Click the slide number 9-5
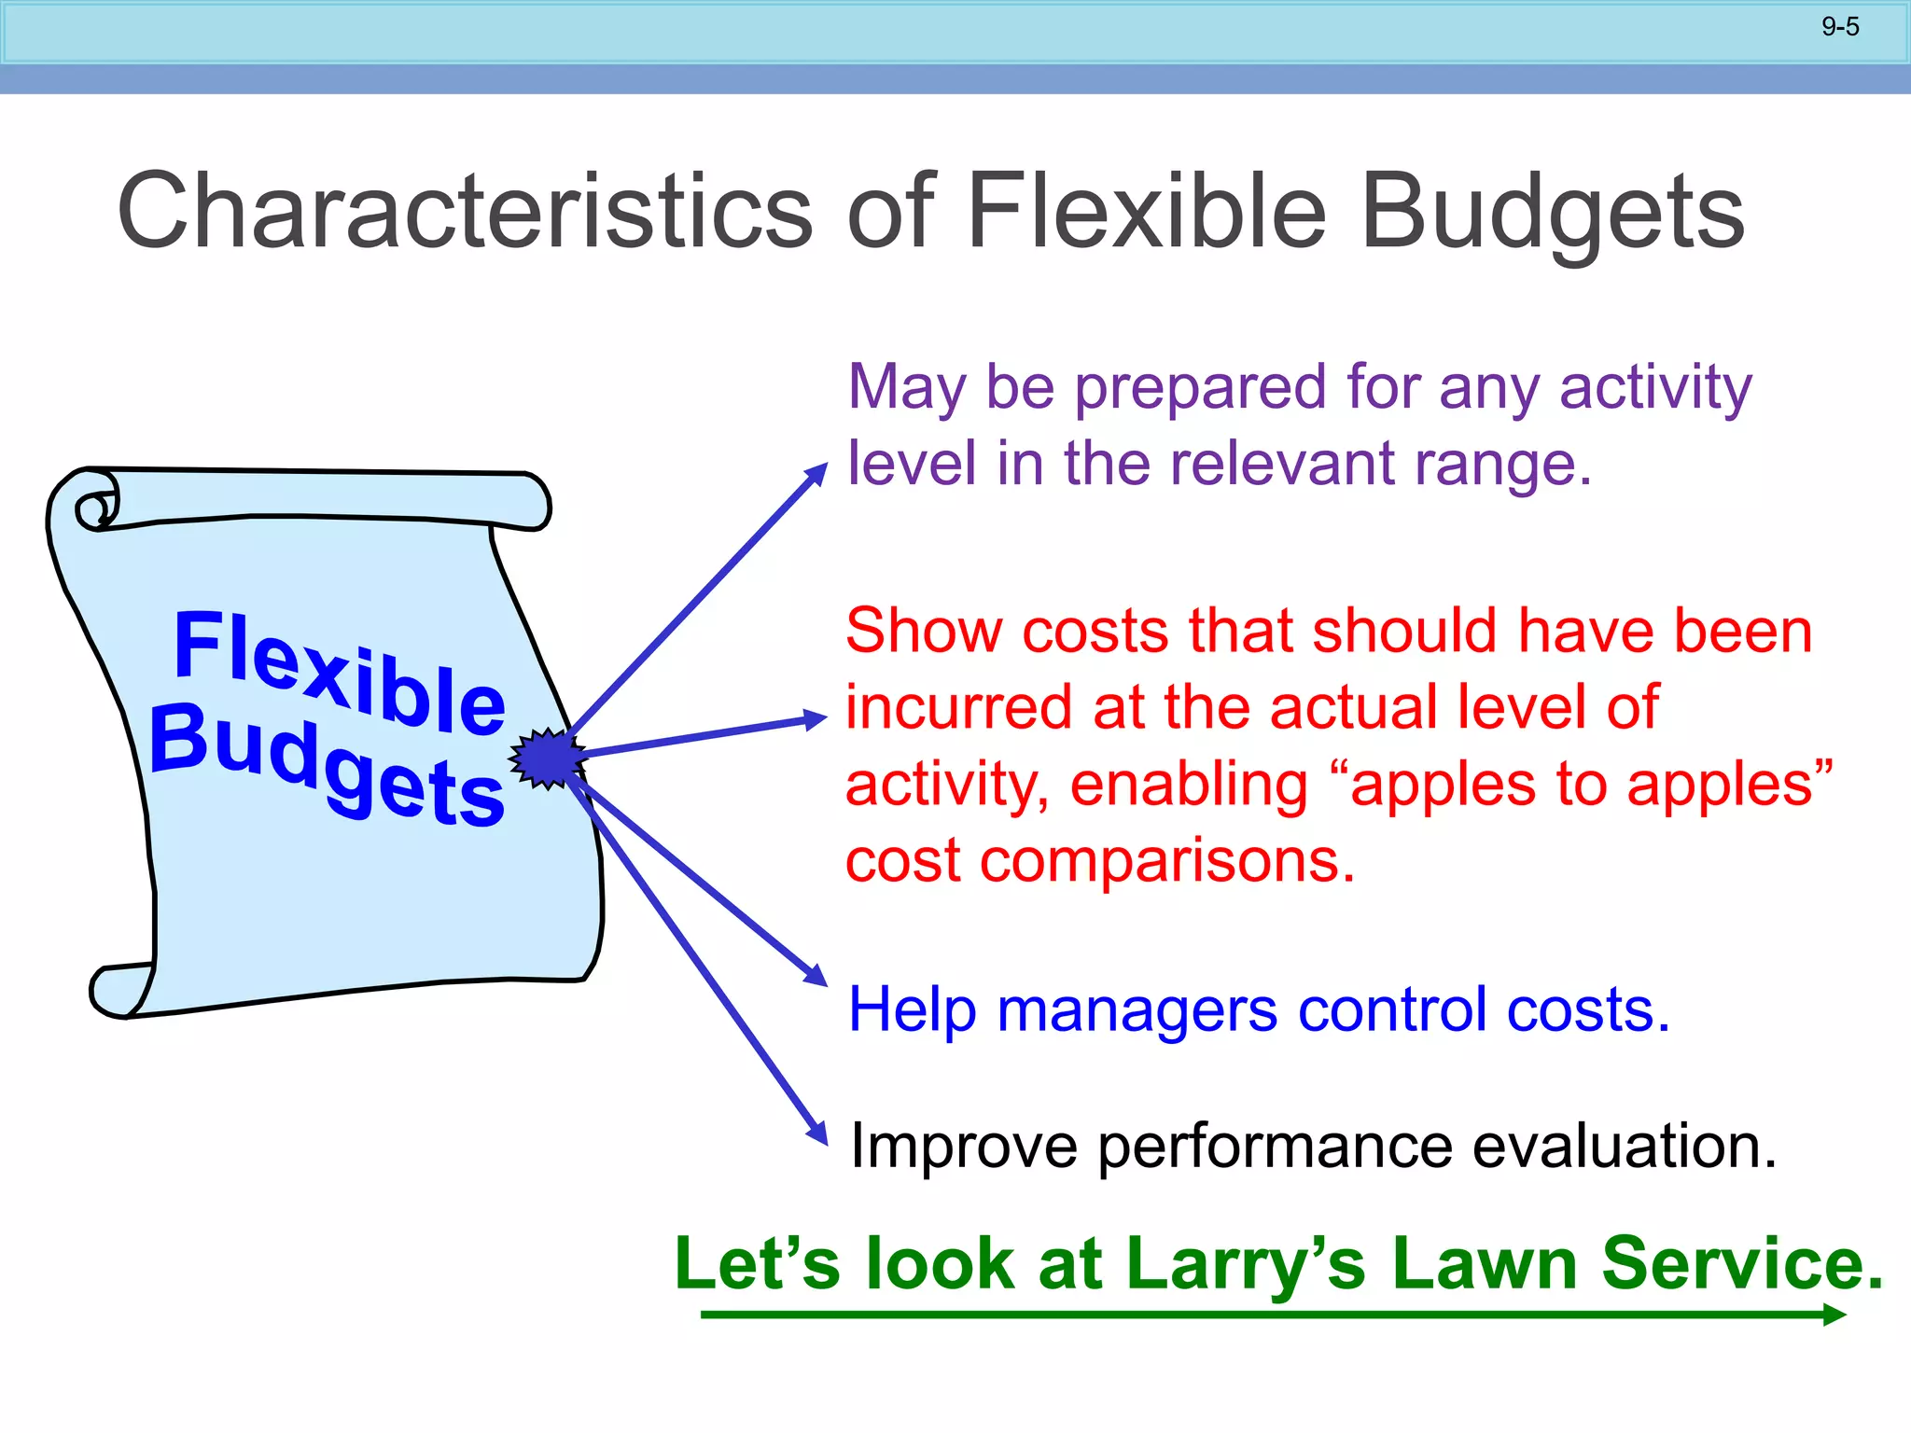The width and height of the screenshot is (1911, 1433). [x=1840, y=27]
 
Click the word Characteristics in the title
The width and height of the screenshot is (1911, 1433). [x=465, y=212]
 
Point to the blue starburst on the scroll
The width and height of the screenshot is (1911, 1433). [x=548, y=758]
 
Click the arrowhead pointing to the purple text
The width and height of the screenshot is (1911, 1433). [x=816, y=473]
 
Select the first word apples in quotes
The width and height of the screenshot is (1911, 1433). [x=1442, y=786]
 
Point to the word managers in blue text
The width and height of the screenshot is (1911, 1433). [x=1137, y=1010]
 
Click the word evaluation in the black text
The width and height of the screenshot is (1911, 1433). [x=1624, y=1147]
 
